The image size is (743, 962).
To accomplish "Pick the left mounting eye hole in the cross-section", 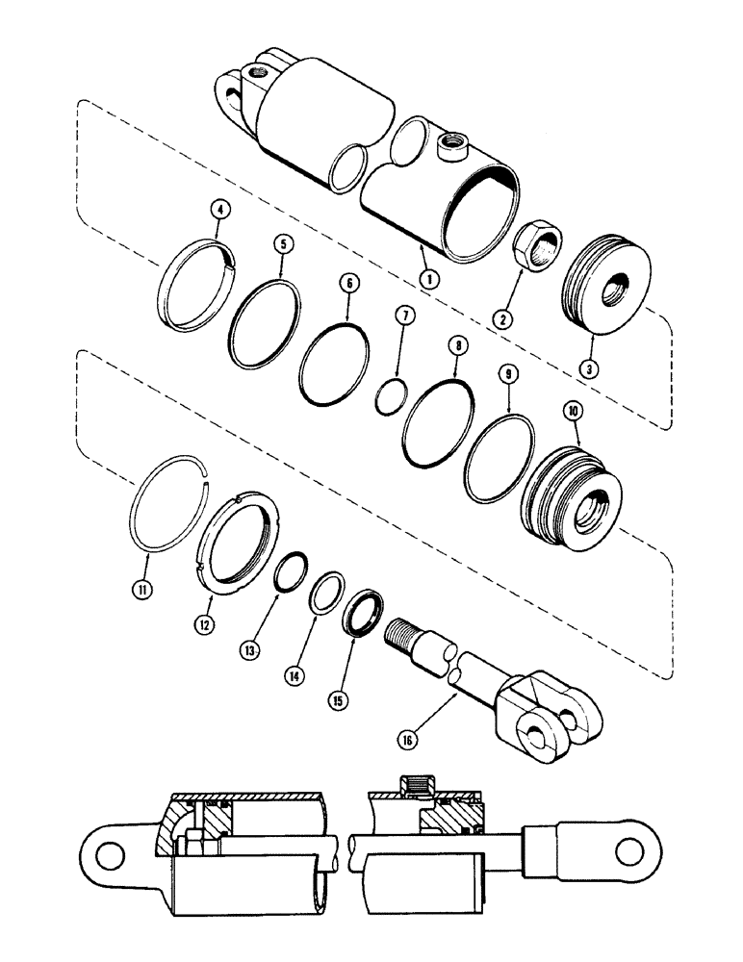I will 109,854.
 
